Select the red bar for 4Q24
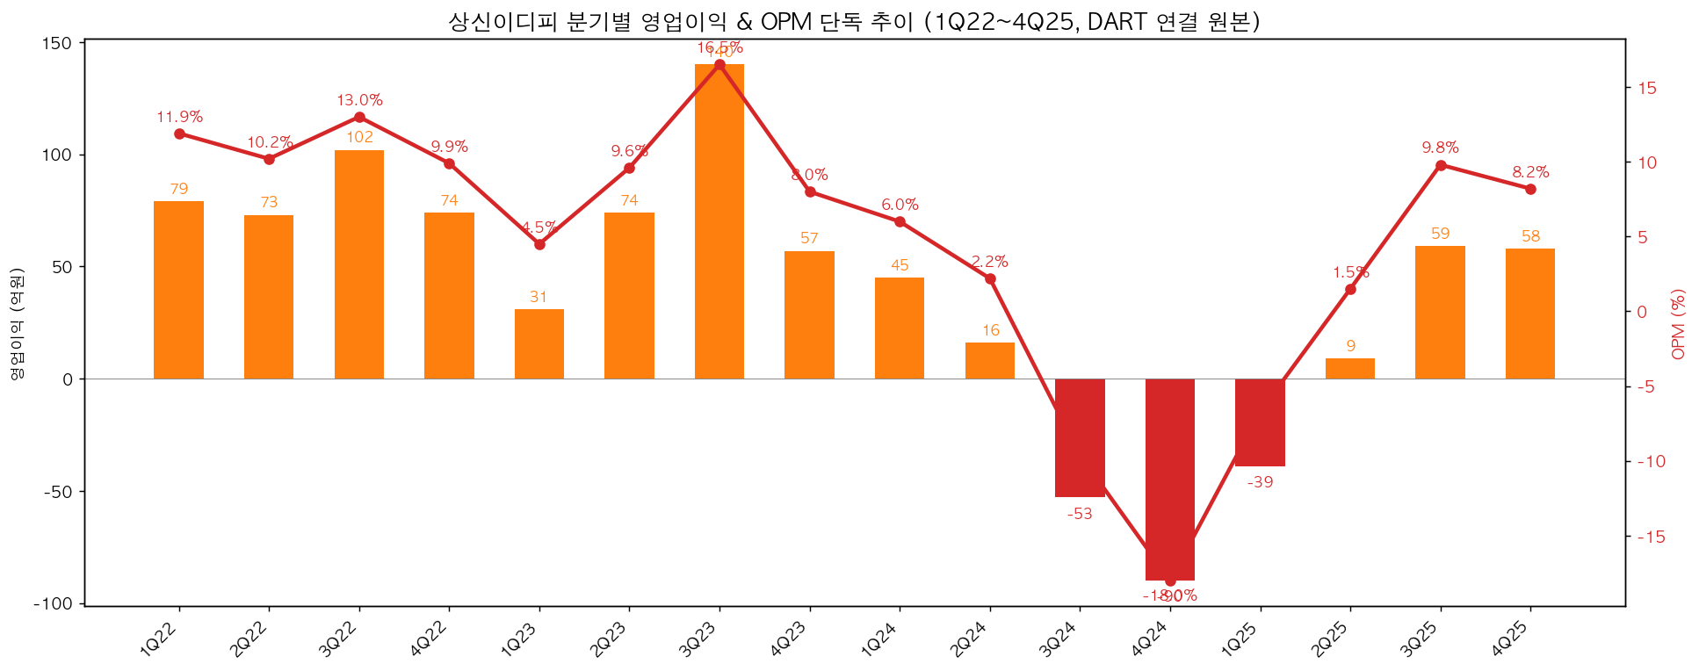tap(1169, 480)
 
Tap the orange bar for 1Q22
tap(178, 290)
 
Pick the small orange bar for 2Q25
tap(1349, 369)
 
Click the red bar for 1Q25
tap(1260, 422)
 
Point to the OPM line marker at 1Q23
tap(539, 244)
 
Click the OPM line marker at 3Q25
tap(1440, 165)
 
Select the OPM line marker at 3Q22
tap(359, 117)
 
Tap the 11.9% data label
tap(179, 117)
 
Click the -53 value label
tap(1079, 515)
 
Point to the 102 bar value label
tap(359, 137)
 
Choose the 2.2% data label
tap(989, 262)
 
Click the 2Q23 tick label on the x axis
tap(611, 639)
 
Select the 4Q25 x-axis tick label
tap(1513, 639)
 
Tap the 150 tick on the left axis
tap(59, 43)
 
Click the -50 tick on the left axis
tap(59, 492)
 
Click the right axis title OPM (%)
tap(1679, 324)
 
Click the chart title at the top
tap(854, 21)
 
